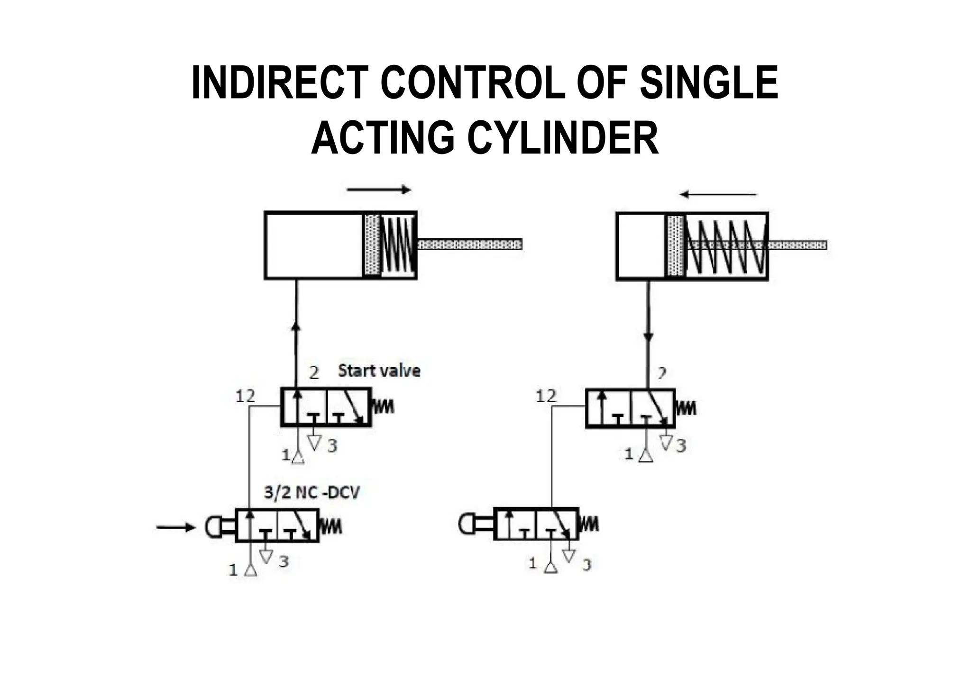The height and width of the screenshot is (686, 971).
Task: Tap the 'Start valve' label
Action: pos(379,370)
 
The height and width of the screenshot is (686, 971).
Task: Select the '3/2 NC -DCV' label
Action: pos(311,492)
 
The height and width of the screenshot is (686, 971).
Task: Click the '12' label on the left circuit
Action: pos(245,396)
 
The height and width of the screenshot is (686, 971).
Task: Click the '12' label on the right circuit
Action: pos(546,396)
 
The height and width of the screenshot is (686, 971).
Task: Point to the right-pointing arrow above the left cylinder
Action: pos(379,190)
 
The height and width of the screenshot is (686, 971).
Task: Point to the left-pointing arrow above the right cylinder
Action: pos(718,195)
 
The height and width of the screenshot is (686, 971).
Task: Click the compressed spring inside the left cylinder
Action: pos(398,245)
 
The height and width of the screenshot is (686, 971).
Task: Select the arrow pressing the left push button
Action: pos(175,527)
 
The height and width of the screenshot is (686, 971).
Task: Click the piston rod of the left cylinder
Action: pos(469,244)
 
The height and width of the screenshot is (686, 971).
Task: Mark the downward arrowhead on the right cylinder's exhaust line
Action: pos(648,337)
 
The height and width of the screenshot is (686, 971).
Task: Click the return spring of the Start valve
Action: pos(384,406)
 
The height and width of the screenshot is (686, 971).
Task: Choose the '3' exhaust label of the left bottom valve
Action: pos(284,561)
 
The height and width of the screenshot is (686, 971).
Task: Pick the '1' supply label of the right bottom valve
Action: pos(533,563)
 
